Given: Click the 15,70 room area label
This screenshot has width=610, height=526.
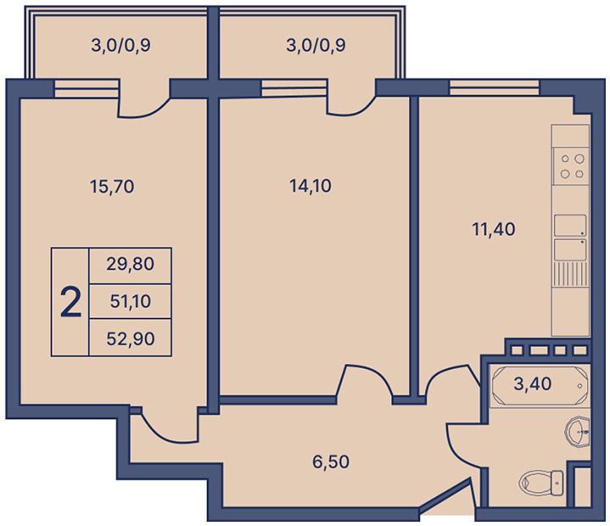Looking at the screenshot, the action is [112, 187].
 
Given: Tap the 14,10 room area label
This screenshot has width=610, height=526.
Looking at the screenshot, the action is [310, 186].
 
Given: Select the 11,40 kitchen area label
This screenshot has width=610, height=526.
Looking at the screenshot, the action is [493, 229].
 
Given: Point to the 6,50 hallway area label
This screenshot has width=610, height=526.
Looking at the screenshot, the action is [331, 462].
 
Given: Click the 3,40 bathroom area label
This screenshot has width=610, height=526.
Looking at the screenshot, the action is [532, 384].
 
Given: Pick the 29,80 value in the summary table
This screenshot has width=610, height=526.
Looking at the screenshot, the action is [131, 264].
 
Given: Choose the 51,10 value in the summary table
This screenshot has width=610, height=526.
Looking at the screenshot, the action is [131, 301].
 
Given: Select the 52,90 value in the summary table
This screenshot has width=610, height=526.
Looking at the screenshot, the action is [131, 339].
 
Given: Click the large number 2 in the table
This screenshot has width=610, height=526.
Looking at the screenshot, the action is [70, 302].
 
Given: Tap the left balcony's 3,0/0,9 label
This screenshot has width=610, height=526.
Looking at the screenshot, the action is [120, 45].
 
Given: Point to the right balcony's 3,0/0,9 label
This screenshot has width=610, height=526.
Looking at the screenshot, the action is [316, 45].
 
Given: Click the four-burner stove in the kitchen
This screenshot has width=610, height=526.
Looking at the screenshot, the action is [571, 166].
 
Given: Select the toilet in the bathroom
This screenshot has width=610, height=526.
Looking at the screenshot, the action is [541, 483].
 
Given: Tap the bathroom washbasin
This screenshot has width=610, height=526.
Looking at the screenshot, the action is [578, 432].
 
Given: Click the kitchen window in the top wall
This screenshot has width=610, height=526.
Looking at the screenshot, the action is [494, 87].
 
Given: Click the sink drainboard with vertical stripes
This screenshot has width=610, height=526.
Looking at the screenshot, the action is [570, 273].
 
